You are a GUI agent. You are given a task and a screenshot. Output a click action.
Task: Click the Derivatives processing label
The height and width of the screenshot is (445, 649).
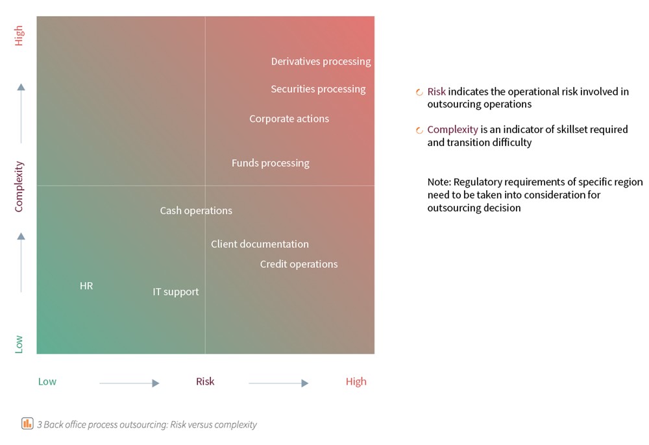321,62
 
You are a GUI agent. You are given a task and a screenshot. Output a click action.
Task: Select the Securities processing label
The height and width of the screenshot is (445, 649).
318,89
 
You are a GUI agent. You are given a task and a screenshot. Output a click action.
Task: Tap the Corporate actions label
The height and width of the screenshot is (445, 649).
289,119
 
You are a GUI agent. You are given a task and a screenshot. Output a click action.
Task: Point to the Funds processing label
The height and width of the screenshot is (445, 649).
270,163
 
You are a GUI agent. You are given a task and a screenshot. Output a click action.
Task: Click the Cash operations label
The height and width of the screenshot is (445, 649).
196,210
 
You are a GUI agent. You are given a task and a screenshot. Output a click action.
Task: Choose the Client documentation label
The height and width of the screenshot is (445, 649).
260,244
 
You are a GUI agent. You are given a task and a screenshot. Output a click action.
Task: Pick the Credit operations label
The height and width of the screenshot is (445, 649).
299,264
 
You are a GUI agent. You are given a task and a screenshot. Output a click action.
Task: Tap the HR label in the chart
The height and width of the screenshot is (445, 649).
86,285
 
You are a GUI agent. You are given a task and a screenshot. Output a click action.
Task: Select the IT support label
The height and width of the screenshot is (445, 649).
175,292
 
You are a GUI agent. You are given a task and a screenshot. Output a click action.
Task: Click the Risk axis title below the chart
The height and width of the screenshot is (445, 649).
205,381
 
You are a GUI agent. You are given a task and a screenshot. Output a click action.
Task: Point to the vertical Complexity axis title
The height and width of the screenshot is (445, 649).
19,186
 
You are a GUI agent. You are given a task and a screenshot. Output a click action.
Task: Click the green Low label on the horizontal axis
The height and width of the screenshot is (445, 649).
47,381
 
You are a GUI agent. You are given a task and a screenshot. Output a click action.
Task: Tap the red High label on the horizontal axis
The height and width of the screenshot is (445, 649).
356,381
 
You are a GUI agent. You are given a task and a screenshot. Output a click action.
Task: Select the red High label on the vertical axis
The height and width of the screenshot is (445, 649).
19,36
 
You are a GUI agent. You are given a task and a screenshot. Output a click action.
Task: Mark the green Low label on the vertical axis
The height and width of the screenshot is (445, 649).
19,344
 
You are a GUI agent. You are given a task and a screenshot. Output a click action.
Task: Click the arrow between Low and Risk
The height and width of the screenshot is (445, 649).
129,383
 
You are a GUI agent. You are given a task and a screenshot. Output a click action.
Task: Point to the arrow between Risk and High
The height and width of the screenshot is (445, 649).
278,383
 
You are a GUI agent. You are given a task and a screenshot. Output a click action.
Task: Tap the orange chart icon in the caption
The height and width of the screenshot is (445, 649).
27,424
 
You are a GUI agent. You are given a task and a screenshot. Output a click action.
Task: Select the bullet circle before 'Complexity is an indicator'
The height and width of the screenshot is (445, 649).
420,130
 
